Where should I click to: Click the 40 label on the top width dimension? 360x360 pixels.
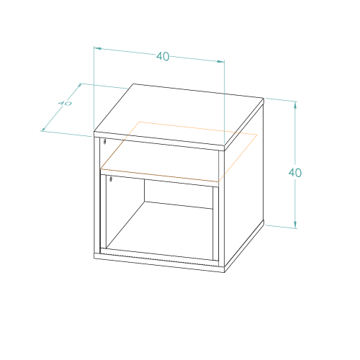click(x=163, y=57)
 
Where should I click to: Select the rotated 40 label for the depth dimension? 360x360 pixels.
click(x=65, y=103)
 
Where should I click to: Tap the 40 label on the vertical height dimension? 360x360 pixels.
click(x=295, y=173)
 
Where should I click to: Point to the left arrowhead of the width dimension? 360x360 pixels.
click(x=98, y=49)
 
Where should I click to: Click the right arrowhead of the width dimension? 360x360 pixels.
click(x=221, y=61)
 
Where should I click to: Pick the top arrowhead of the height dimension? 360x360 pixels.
click(x=295, y=106)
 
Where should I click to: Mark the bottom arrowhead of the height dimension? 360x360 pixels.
click(x=295, y=225)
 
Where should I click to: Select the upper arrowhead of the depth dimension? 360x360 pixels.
click(x=78, y=86)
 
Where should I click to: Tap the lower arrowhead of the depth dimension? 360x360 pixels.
click(x=45, y=128)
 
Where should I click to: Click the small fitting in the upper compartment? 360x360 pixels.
click(x=104, y=141)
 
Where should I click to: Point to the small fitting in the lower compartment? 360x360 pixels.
click(x=111, y=179)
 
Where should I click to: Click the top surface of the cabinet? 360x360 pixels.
click(x=179, y=114)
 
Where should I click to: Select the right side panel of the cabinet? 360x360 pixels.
click(x=244, y=185)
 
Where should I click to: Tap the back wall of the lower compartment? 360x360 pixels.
click(x=179, y=194)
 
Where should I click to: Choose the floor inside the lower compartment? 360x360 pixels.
click(x=159, y=231)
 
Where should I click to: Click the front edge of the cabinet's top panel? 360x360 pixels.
click(x=159, y=141)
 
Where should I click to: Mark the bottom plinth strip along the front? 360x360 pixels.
click(x=159, y=263)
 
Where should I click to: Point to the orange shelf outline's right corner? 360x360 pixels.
click(x=257, y=135)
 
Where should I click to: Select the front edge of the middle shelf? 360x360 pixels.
click(x=160, y=178)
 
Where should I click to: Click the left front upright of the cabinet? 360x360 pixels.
click(x=97, y=195)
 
